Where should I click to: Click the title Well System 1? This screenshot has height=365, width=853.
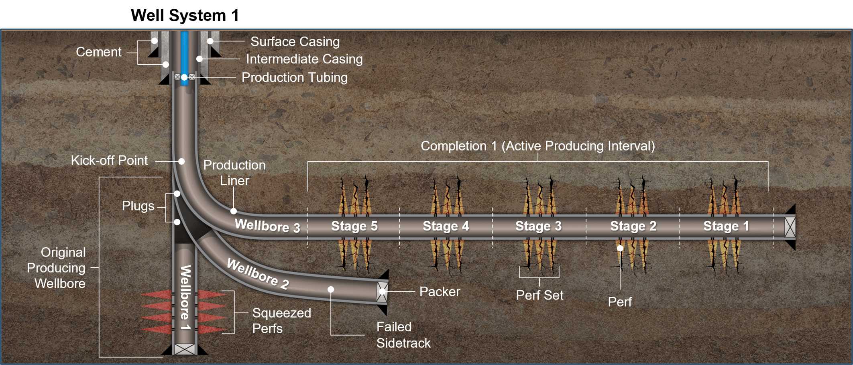[185, 15]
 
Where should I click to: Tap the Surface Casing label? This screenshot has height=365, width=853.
[295, 41]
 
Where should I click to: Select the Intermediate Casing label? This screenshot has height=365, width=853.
[304, 59]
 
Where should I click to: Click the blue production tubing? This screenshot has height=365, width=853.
[184, 52]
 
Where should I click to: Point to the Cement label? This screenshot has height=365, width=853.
[98, 52]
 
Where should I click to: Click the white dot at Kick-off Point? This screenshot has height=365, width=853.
[181, 161]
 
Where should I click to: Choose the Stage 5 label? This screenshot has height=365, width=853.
[354, 226]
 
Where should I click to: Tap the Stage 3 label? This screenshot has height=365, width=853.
[538, 226]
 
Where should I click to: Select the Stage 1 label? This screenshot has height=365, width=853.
[726, 226]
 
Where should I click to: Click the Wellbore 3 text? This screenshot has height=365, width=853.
[267, 226]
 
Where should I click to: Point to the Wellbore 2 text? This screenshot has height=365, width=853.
[258, 274]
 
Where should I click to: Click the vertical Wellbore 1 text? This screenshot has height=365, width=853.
[185, 297]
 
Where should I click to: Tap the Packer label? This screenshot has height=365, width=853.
[439, 292]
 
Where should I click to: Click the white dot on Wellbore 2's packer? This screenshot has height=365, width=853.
[383, 292]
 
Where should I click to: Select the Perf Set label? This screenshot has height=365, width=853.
[539, 295]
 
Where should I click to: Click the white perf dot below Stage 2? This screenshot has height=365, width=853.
[620, 248]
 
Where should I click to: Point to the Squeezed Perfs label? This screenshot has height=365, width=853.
[281, 320]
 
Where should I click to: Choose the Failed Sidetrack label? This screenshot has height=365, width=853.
[403, 335]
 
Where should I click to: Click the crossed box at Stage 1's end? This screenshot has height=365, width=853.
[790, 227]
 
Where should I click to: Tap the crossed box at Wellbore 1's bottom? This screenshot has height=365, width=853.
[185, 349]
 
